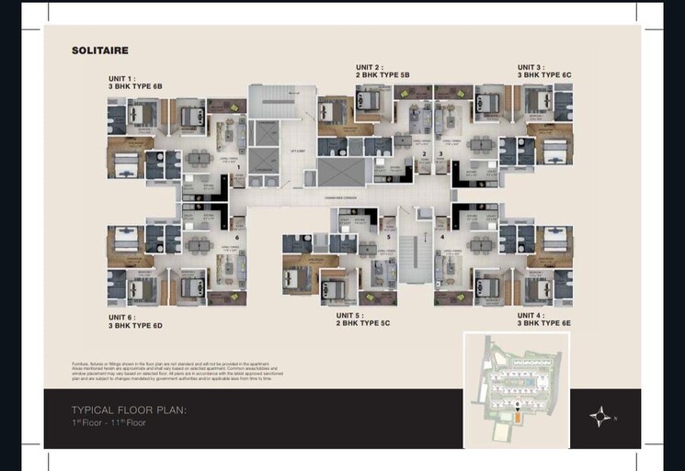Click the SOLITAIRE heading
click(100, 50)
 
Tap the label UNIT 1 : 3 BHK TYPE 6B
click(135, 82)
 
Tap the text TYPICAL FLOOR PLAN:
click(130, 410)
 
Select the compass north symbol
click(601, 417)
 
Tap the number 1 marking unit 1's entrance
click(239, 167)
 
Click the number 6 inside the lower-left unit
click(237, 238)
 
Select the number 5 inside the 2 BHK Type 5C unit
click(389, 237)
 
